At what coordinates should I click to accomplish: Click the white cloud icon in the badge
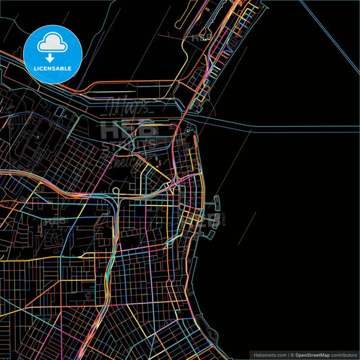pyautogui.click(x=52, y=42)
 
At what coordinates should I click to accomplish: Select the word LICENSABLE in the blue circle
pyautogui.click(x=52, y=68)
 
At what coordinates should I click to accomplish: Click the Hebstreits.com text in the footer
pyautogui.click(x=268, y=355)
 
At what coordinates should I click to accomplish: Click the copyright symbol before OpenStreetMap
pyautogui.click(x=292, y=355)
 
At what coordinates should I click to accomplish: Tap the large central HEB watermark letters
pyautogui.click(x=128, y=129)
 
